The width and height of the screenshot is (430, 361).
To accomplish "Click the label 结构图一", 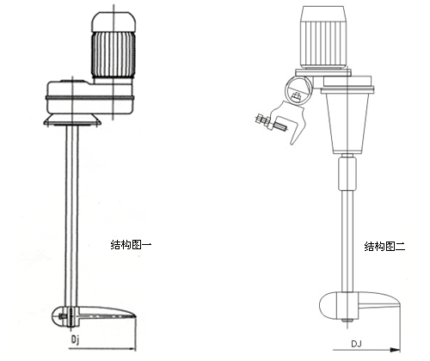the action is pos(131,245).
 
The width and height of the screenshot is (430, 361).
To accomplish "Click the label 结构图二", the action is pos(384,247).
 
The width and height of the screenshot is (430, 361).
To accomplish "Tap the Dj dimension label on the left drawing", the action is pos(75,340).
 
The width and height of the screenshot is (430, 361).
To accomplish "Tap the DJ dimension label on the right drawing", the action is pos(356,344).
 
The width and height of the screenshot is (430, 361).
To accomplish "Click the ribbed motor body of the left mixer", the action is pos(114,54).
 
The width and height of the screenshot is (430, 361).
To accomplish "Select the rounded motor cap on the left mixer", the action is pos(114,21).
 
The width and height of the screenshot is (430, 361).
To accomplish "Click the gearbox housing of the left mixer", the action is pos(89,97).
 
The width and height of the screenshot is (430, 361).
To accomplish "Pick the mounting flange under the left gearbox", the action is pos(72,120).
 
